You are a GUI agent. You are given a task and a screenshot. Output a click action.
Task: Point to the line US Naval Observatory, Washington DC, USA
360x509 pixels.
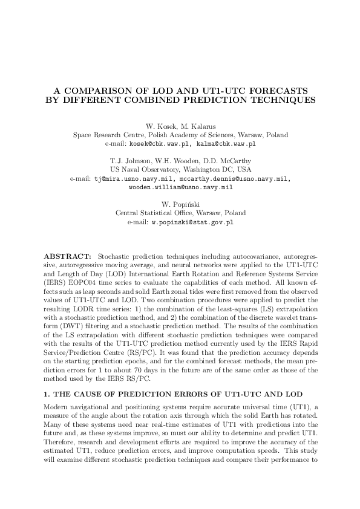tap(180, 170)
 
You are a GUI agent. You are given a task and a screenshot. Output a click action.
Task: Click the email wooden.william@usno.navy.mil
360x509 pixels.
tap(180, 188)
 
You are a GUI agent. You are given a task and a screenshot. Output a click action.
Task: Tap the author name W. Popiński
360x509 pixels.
tap(180, 204)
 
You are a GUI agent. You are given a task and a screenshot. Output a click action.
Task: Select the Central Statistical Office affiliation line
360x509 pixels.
tap(180, 213)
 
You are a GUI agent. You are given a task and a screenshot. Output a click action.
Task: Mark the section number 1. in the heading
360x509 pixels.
tap(48, 377)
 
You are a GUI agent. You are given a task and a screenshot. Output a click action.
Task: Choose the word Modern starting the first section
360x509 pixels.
tap(56, 389)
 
